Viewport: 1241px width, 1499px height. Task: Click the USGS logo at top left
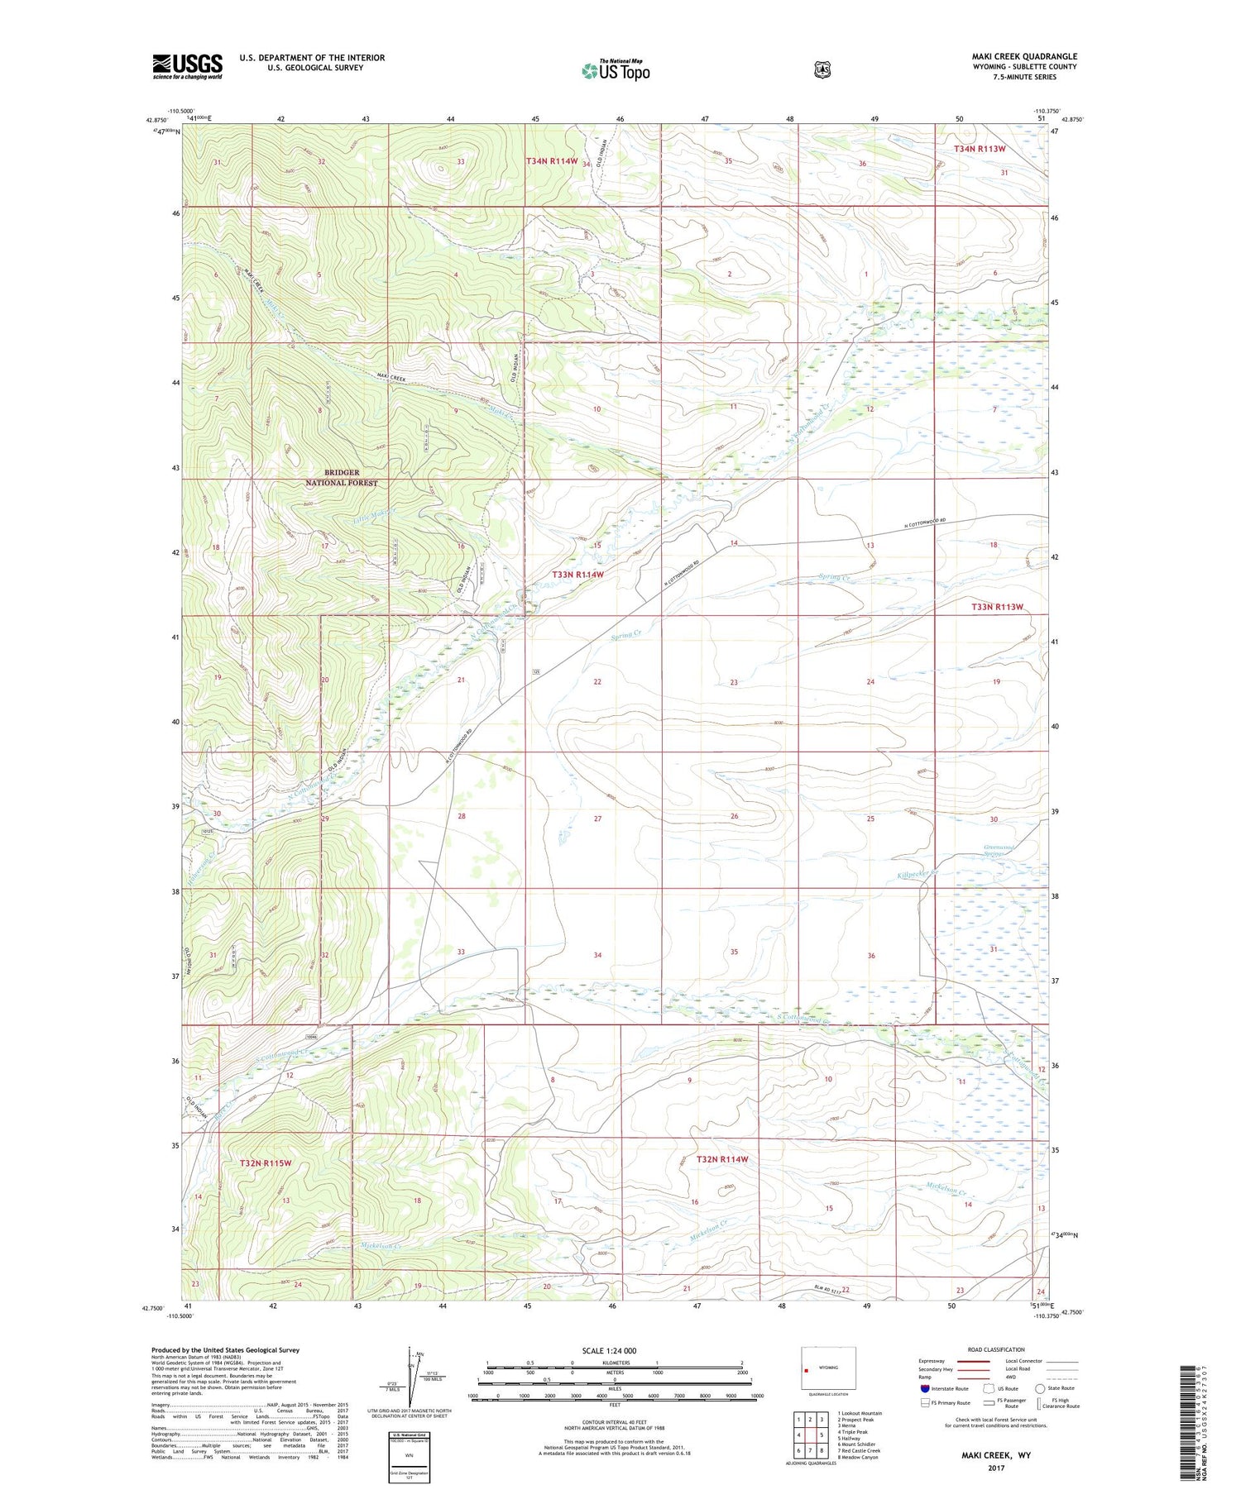coord(187,66)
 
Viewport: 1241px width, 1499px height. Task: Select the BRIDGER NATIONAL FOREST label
coord(342,478)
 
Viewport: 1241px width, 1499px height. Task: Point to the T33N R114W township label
coord(578,574)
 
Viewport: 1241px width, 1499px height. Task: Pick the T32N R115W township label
coord(266,1162)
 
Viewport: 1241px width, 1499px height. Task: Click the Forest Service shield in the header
coord(822,70)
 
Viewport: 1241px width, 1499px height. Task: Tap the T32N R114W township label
coord(722,1159)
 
